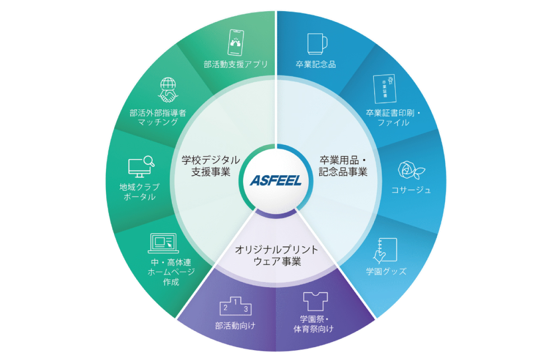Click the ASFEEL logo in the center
pos(276,180)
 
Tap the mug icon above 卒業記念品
pos(317,44)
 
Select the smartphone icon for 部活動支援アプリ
pos(235,42)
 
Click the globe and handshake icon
pos(168,90)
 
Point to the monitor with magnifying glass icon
pos(141,167)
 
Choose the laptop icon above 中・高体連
pos(163,243)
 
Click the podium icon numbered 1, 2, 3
pos(235,306)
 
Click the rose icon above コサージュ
pos(411,170)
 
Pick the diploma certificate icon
pos(385,89)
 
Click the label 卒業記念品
pos(316,64)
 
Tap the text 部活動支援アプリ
pos(236,64)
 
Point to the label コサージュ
pos(411,190)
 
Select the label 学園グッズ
pos(386,271)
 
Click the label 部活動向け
pos(235,326)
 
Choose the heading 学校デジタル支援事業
pos(211,166)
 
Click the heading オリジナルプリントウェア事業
pos(277,255)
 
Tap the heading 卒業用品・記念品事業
pos(343,166)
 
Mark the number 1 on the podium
pos(235,302)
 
